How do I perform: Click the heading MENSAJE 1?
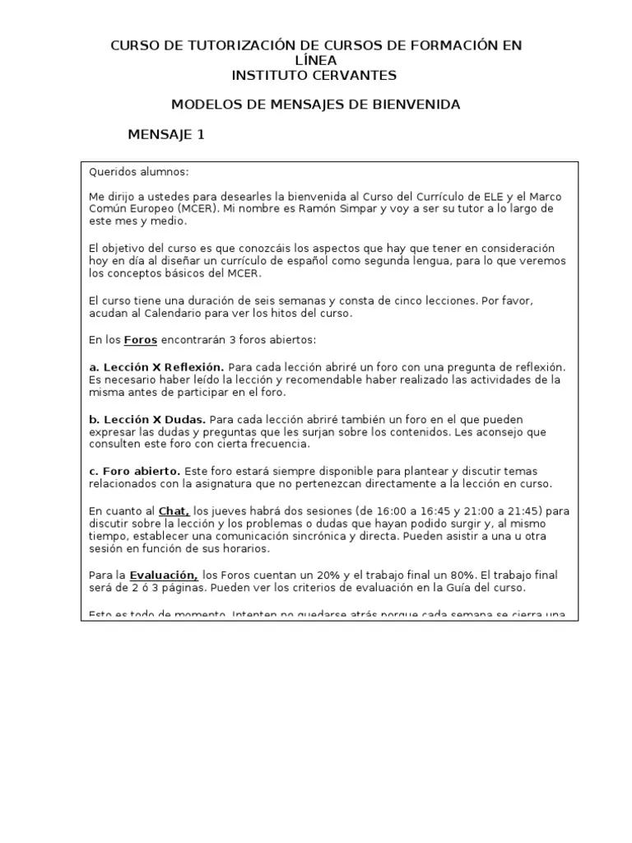tap(166, 135)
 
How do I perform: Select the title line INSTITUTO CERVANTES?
tap(315, 75)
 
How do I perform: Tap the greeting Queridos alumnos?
tap(138, 172)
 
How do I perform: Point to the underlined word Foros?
tap(141, 340)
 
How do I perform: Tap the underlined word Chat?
tap(174, 511)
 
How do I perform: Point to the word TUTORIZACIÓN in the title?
tap(216, 45)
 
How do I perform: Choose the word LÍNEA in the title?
tap(315, 60)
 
